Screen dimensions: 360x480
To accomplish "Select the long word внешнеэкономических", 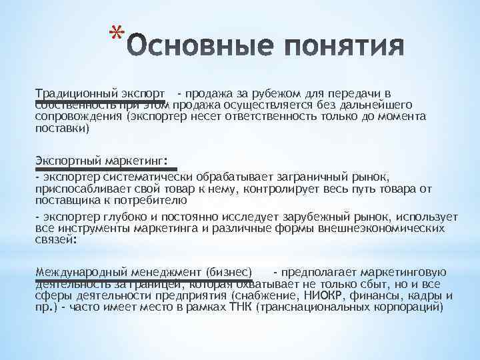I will [x=391, y=228].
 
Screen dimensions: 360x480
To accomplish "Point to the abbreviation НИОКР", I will [x=327, y=295].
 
